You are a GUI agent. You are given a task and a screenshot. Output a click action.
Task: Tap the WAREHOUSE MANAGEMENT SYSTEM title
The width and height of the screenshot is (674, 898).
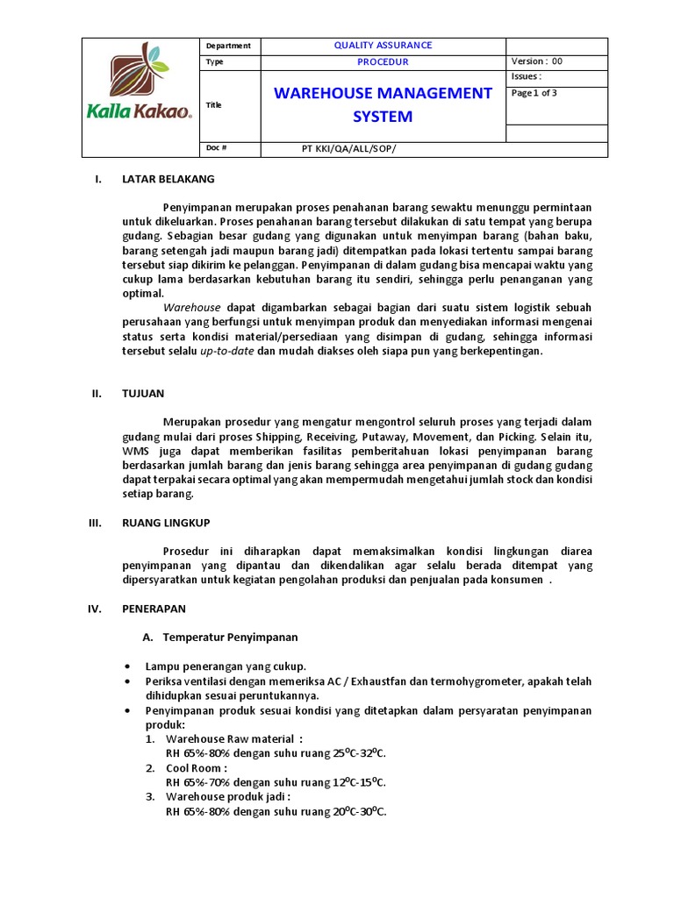pos(383,104)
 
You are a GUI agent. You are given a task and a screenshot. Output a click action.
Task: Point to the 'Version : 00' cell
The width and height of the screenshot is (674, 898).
pos(536,62)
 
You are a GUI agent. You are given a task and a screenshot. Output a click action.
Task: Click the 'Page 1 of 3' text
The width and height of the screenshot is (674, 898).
pos(534,93)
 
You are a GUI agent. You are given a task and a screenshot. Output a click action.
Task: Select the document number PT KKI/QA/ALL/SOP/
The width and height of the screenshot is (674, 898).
pos(348,148)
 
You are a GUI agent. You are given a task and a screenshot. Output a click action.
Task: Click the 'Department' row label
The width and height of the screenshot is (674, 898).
pos(228,46)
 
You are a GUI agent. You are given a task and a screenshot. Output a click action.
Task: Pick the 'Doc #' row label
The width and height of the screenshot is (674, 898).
pos(216,147)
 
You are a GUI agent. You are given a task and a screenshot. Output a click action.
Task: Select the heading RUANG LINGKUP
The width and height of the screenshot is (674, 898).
pos(165,522)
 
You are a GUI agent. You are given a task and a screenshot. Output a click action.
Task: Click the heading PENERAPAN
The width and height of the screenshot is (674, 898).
pos(154,608)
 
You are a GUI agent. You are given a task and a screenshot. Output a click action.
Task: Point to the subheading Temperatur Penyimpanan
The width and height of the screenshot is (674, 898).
pos(230,637)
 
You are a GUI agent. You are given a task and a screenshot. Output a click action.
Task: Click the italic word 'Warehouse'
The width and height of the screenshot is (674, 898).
pos(192,308)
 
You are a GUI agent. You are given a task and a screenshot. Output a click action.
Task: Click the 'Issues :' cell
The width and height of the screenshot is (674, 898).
pos(527,76)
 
